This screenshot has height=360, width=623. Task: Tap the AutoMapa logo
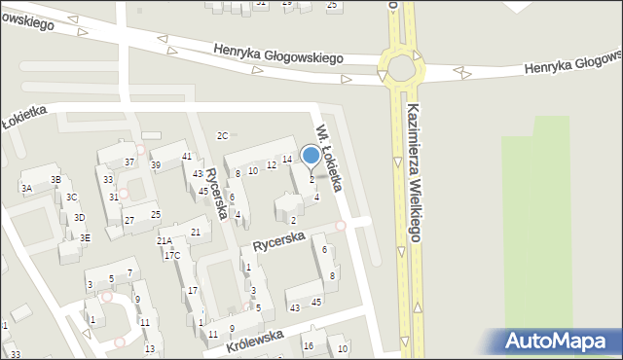pyautogui.click(x=559, y=342)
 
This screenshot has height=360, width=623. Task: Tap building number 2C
pyautogui.click(x=222, y=135)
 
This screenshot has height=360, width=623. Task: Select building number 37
pyautogui.click(x=129, y=162)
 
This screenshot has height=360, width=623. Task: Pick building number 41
pyautogui.click(x=187, y=156)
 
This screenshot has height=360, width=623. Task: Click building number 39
pyautogui.click(x=156, y=165)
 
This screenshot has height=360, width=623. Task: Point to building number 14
pyautogui.click(x=287, y=159)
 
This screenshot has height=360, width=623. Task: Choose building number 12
pyautogui.click(x=272, y=164)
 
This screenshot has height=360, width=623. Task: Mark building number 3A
pyautogui.click(x=27, y=188)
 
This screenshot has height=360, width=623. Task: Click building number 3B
pyautogui.click(x=56, y=179)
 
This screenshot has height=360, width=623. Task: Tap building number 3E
pyautogui.click(x=86, y=237)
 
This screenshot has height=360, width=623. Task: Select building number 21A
pyautogui.click(x=164, y=240)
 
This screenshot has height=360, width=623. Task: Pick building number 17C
pyautogui.click(x=171, y=256)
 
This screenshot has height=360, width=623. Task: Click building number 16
pyautogui.click(x=308, y=345)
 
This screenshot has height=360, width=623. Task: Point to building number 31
pyautogui.click(x=114, y=197)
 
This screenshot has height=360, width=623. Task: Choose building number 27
pyautogui.click(x=128, y=220)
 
